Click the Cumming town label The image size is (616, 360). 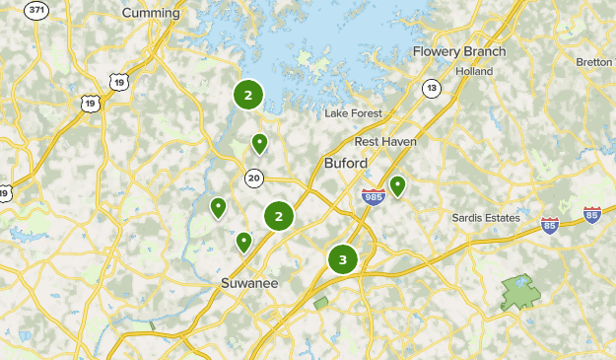tap(151, 13)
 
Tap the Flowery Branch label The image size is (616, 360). tap(459, 51)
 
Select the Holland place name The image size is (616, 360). tap(475, 71)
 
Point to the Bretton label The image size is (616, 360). tap(594, 61)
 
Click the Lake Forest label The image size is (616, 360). tap(353, 113)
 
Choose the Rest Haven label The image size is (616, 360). tap(385, 141)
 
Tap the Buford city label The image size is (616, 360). tap(345, 163)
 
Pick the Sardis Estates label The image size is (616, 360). tap(485, 217)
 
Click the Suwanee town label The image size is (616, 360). tap(248, 283)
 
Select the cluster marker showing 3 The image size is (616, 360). tap(343, 260)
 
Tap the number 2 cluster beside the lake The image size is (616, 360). tap(248, 96)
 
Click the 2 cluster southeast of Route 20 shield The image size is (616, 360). tap(280, 216)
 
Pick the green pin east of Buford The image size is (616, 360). tap(397, 184)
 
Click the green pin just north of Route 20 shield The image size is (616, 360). tap(259, 144)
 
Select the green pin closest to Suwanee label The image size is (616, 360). tap(243, 241)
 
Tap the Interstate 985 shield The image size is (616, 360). tap(373, 197)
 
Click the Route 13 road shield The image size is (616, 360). tap(432, 89)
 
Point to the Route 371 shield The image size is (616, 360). tap(37, 10)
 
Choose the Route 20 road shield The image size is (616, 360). tap(254, 179)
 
